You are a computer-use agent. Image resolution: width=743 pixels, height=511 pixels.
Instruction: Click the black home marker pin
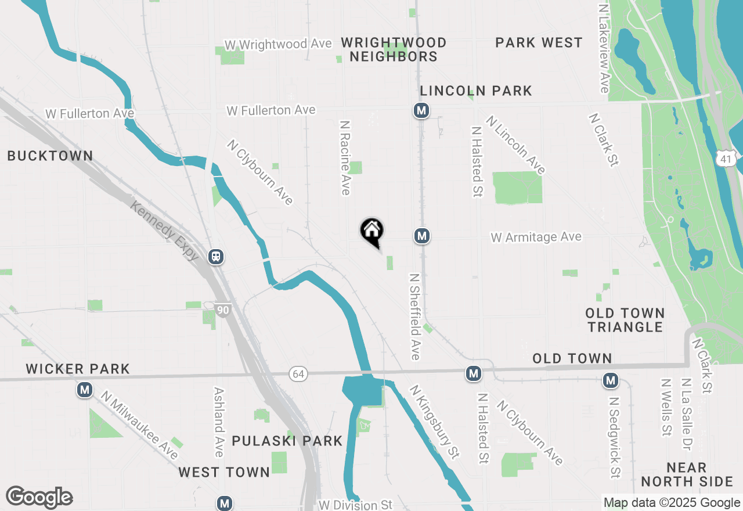(x=372, y=231)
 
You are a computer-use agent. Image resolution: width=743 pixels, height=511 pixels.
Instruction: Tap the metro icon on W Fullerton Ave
(x=421, y=110)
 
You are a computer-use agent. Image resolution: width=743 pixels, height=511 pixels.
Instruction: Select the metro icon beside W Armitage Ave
(x=422, y=236)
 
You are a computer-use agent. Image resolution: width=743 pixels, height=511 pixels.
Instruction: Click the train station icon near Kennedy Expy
(x=216, y=256)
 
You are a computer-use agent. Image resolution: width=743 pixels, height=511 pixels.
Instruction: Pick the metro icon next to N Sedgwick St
(x=610, y=380)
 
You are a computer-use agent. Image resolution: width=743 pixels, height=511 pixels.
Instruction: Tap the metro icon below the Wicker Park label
(x=85, y=390)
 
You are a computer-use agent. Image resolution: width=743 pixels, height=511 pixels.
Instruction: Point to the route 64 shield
(x=298, y=375)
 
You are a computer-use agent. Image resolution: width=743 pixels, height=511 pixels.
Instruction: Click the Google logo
(x=39, y=497)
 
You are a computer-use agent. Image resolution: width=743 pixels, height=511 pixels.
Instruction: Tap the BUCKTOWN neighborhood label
(x=50, y=156)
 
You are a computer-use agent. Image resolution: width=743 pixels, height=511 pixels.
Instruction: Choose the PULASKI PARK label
(x=287, y=441)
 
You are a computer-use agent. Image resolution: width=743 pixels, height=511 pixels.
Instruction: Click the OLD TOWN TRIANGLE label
(x=625, y=320)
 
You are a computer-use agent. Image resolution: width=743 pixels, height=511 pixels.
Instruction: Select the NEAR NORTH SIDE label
(x=687, y=474)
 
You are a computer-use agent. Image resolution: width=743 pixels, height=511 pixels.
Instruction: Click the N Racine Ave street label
(x=345, y=157)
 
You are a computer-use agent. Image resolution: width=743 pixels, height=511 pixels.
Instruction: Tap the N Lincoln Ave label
(x=516, y=145)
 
